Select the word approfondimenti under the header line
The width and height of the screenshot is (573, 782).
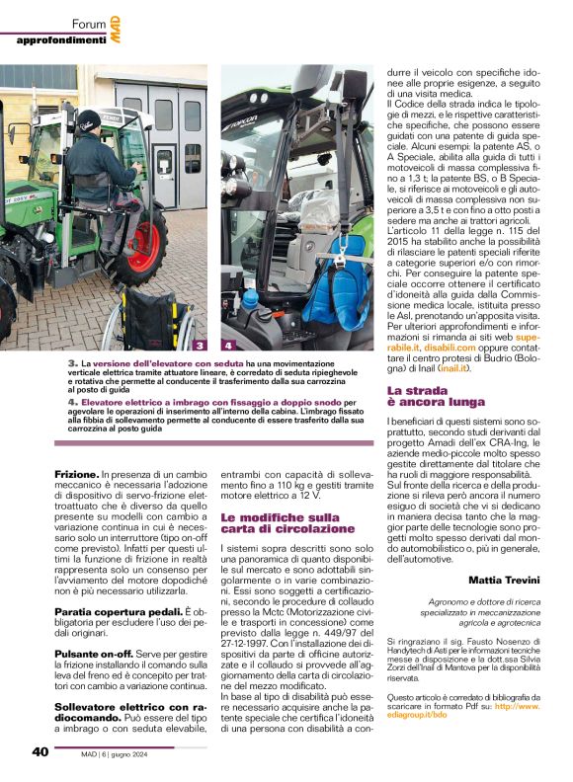click(x=60, y=39)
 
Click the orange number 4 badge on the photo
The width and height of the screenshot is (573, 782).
click(x=228, y=346)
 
